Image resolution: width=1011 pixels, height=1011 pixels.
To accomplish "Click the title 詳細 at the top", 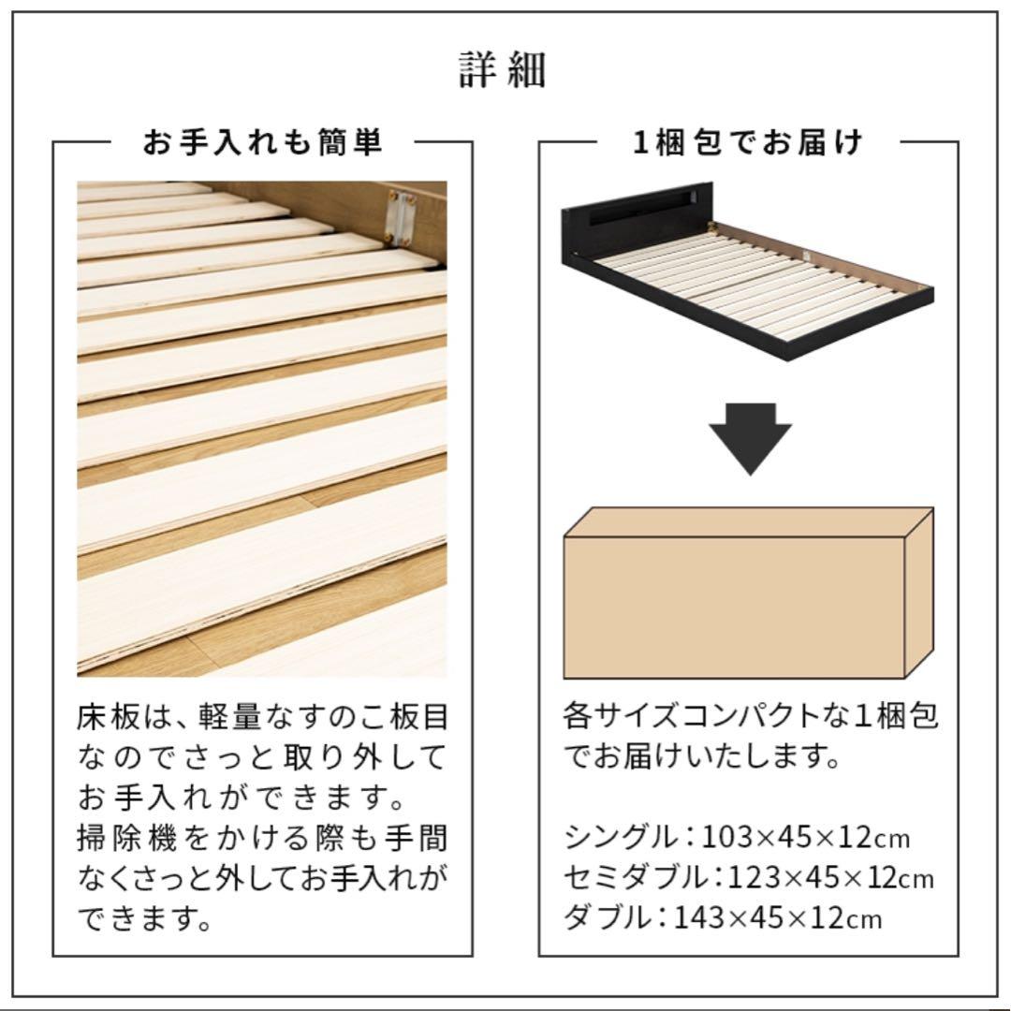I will point(503,70).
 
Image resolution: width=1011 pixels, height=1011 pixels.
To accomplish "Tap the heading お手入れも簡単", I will point(262,142).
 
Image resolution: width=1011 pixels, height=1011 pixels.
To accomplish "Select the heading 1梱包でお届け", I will point(748,142).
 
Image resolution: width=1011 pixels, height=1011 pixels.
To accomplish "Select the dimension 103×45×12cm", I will point(806,835).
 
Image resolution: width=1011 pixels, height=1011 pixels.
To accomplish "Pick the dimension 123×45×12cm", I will point(828,877).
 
